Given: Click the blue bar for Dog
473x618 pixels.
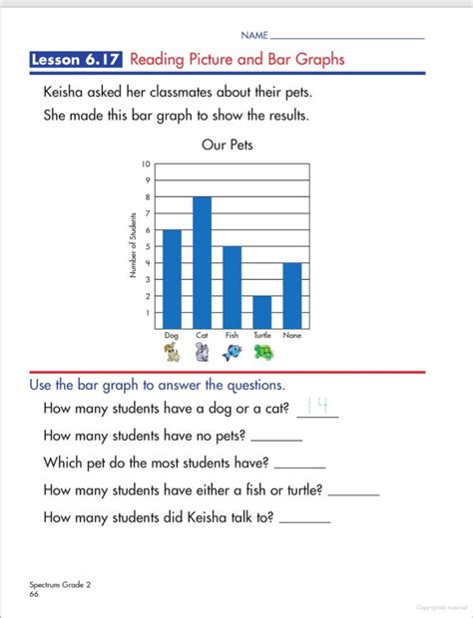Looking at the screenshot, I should [x=172, y=279].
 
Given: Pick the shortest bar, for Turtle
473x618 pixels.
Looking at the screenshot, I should [x=261, y=312].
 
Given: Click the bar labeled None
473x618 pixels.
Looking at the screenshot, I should [x=291, y=295].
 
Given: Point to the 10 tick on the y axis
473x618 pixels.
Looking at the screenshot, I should [x=146, y=163].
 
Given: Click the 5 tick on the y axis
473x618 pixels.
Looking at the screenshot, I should [x=146, y=246].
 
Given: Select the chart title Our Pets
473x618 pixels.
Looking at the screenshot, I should [x=228, y=145].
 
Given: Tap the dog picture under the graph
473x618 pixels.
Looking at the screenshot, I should [x=172, y=352].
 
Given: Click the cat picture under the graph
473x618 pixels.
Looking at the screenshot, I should [x=202, y=352].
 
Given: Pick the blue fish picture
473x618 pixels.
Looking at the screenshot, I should [x=232, y=352].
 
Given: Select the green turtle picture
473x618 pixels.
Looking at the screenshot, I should [x=262, y=352].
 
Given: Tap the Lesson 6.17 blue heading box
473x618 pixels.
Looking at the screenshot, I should [x=77, y=59].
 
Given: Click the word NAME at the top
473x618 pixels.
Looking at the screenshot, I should [x=253, y=35].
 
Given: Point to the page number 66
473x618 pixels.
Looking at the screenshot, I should [x=34, y=594].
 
